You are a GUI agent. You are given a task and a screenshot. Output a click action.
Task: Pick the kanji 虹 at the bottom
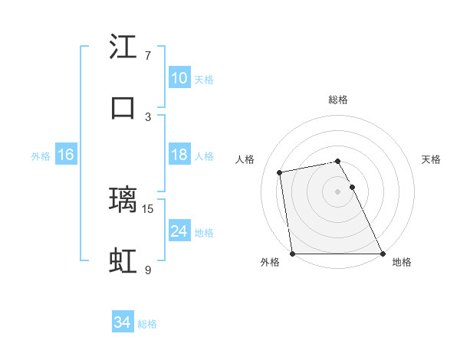point(123,260)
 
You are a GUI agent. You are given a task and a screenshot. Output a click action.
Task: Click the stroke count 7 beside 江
point(148,56)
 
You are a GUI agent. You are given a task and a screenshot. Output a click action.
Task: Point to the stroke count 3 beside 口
point(148,116)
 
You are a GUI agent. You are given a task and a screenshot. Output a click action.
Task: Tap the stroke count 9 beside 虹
point(148,270)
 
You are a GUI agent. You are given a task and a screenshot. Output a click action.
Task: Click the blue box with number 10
point(179,78)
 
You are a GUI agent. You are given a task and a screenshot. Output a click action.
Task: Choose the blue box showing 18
point(179,155)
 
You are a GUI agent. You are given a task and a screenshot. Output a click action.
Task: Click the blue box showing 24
point(179,231)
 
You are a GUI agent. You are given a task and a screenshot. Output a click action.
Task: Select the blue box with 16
point(65,155)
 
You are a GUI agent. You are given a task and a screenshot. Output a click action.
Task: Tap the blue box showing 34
point(122,322)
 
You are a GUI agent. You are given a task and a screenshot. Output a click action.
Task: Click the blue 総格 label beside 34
point(147,324)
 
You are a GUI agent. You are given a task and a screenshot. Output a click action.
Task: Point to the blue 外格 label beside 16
point(41,156)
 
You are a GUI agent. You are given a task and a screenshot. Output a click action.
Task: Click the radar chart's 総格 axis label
point(338,100)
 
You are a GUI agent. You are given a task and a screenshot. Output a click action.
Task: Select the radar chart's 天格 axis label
point(432,159)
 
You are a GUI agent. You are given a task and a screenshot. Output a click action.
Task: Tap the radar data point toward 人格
point(281,172)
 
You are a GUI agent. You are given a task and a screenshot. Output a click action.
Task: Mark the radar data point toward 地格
point(383,254)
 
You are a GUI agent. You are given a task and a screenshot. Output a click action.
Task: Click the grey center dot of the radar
point(338,191)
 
